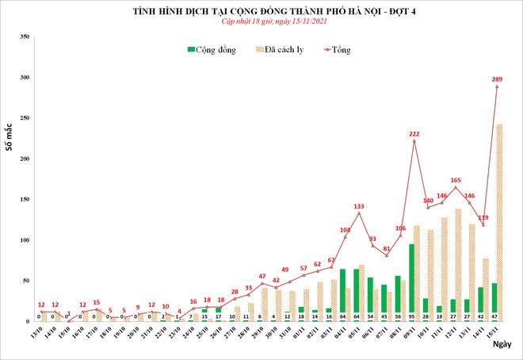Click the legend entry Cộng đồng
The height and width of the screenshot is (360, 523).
(x=211, y=49)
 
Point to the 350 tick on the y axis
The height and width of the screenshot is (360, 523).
(x=25, y=37)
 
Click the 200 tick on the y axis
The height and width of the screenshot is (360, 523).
(x=25, y=159)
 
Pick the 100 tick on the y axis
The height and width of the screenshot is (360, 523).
(x=25, y=239)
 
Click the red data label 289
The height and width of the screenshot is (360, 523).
(x=498, y=79)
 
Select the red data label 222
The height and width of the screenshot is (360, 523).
(x=414, y=134)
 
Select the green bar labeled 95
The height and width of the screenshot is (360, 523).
(x=412, y=278)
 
